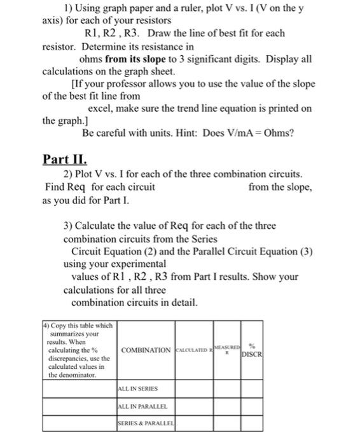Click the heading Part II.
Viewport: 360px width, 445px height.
click(65, 158)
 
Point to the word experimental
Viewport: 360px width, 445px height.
click(136, 263)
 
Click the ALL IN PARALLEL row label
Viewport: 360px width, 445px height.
click(142, 406)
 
